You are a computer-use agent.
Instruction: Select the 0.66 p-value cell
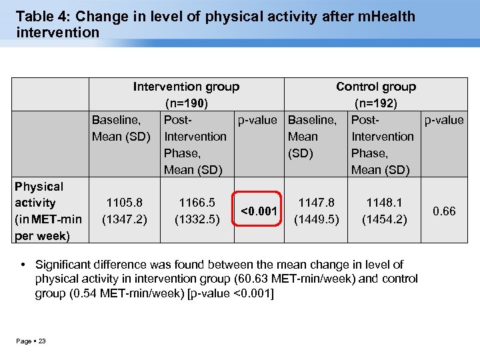pyautogui.click(x=443, y=211)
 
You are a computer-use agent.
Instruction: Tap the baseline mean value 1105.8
pyautogui.click(x=125, y=201)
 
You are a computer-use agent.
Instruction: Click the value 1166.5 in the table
pyautogui.click(x=197, y=201)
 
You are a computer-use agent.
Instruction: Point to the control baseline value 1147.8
pyautogui.click(x=316, y=201)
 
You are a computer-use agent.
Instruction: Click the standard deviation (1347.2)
pyautogui.click(x=125, y=218)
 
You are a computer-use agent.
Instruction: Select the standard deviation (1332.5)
pyautogui.click(x=197, y=218)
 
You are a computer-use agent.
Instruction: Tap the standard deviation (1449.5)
pyautogui.click(x=316, y=218)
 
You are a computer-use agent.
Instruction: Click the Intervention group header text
pyautogui.click(x=186, y=87)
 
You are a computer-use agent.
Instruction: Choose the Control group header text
pyautogui.click(x=376, y=87)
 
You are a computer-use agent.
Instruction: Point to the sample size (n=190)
pyautogui.click(x=186, y=103)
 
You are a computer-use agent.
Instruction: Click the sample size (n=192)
pyautogui.click(x=376, y=103)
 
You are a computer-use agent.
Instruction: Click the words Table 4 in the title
pyautogui.click(x=39, y=16)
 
